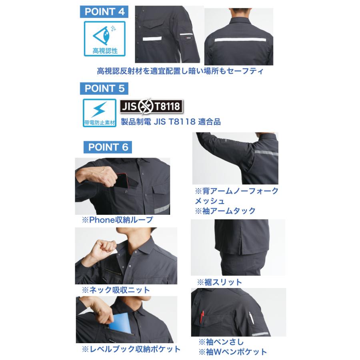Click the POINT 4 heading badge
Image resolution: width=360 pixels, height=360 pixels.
click(x=105, y=12)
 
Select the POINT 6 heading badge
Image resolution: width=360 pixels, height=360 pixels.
click(x=108, y=147)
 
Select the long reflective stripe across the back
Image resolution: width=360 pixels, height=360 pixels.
click(x=240, y=40)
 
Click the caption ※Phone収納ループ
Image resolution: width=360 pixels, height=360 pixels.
click(x=117, y=220)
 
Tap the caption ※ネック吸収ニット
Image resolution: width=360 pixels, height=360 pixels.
click(x=116, y=290)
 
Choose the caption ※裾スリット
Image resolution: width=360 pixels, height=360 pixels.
click(x=219, y=282)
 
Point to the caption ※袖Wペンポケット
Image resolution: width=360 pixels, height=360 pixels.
click(x=232, y=352)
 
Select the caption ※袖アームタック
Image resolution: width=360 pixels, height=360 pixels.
click(x=225, y=211)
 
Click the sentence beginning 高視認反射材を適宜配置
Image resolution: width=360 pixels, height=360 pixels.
click(x=180, y=71)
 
